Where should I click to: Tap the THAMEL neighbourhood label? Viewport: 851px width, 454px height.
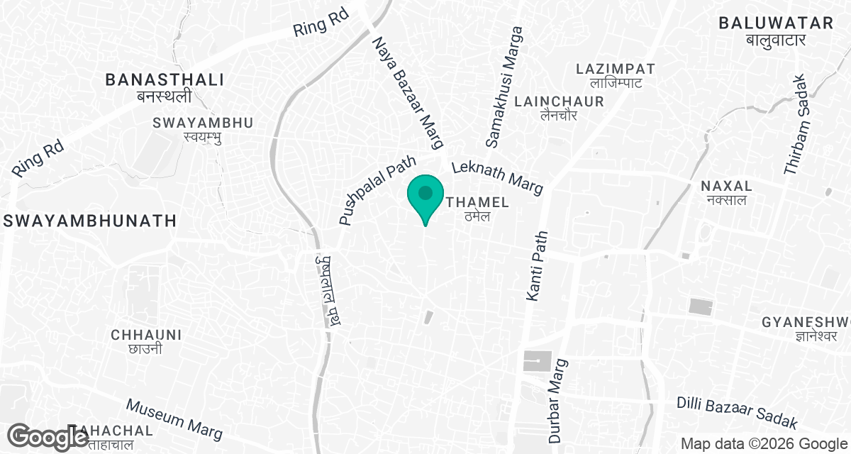(478, 203)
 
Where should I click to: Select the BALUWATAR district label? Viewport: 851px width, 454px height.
(775, 23)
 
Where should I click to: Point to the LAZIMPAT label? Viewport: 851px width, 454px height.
(615, 70)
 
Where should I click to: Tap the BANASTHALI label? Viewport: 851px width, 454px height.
(164, 80)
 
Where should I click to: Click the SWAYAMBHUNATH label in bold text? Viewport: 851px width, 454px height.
(89, 221)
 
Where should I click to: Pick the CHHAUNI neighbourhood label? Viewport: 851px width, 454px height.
(147, 335)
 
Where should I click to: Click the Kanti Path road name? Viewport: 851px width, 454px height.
(536, 265)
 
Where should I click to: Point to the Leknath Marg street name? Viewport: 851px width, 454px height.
(497, 176)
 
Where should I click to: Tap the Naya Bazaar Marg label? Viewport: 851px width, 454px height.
(408, 93)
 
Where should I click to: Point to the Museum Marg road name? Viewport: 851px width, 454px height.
(174, 419)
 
